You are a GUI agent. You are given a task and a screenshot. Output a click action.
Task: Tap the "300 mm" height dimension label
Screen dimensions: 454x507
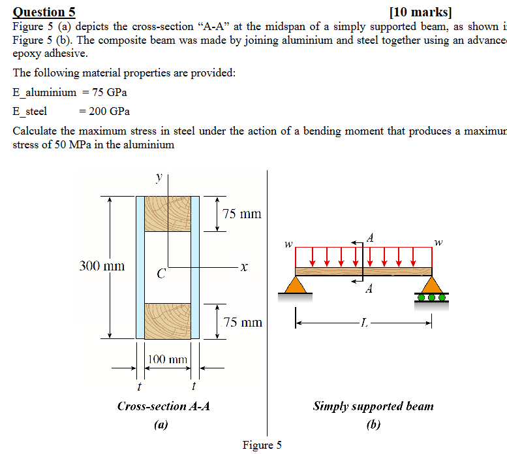coord(102,266)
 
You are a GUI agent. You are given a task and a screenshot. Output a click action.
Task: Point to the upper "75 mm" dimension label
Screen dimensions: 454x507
coord(241,214)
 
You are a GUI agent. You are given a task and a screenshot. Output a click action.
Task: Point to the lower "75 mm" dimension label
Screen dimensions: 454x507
coord(242,321)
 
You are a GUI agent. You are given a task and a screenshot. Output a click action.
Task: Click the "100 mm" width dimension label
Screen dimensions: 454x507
coord(168,359)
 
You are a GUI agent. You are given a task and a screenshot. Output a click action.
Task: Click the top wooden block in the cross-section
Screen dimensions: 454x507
coord(167,213)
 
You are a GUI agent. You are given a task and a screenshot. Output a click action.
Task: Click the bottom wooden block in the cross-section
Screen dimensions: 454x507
coord(167,321)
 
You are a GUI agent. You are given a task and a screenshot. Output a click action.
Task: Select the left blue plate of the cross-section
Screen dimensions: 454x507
coord(140,267)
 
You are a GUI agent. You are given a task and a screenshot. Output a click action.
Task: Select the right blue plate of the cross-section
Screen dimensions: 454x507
coord(195,267)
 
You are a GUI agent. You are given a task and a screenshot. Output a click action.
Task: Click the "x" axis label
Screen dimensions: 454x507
coord(243,267)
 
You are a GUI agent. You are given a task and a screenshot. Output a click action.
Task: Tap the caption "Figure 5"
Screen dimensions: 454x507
coord(262,445)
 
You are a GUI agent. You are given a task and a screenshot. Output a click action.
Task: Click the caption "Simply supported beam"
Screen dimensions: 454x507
coord(373,406)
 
